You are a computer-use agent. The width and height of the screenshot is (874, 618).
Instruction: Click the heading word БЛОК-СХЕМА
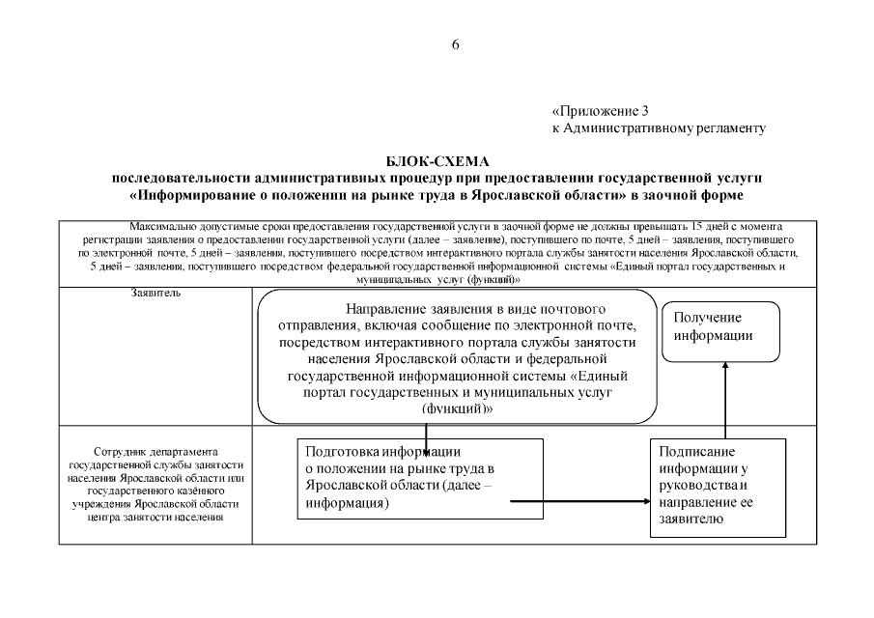(x=437, y=161)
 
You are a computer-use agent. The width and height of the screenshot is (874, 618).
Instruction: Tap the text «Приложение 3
(x=606, y=111)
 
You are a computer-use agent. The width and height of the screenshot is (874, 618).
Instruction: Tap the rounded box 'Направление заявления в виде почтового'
(x=458, y=357)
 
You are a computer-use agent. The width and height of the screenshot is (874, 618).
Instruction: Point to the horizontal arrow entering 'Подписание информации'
(x=579, y=502)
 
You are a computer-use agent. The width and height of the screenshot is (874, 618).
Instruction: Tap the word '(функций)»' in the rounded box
(x=458, y=408)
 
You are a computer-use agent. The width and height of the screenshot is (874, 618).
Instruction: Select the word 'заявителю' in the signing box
(x=690, y=520)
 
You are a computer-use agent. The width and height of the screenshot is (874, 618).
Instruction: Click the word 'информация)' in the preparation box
(x=347, y=504)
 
